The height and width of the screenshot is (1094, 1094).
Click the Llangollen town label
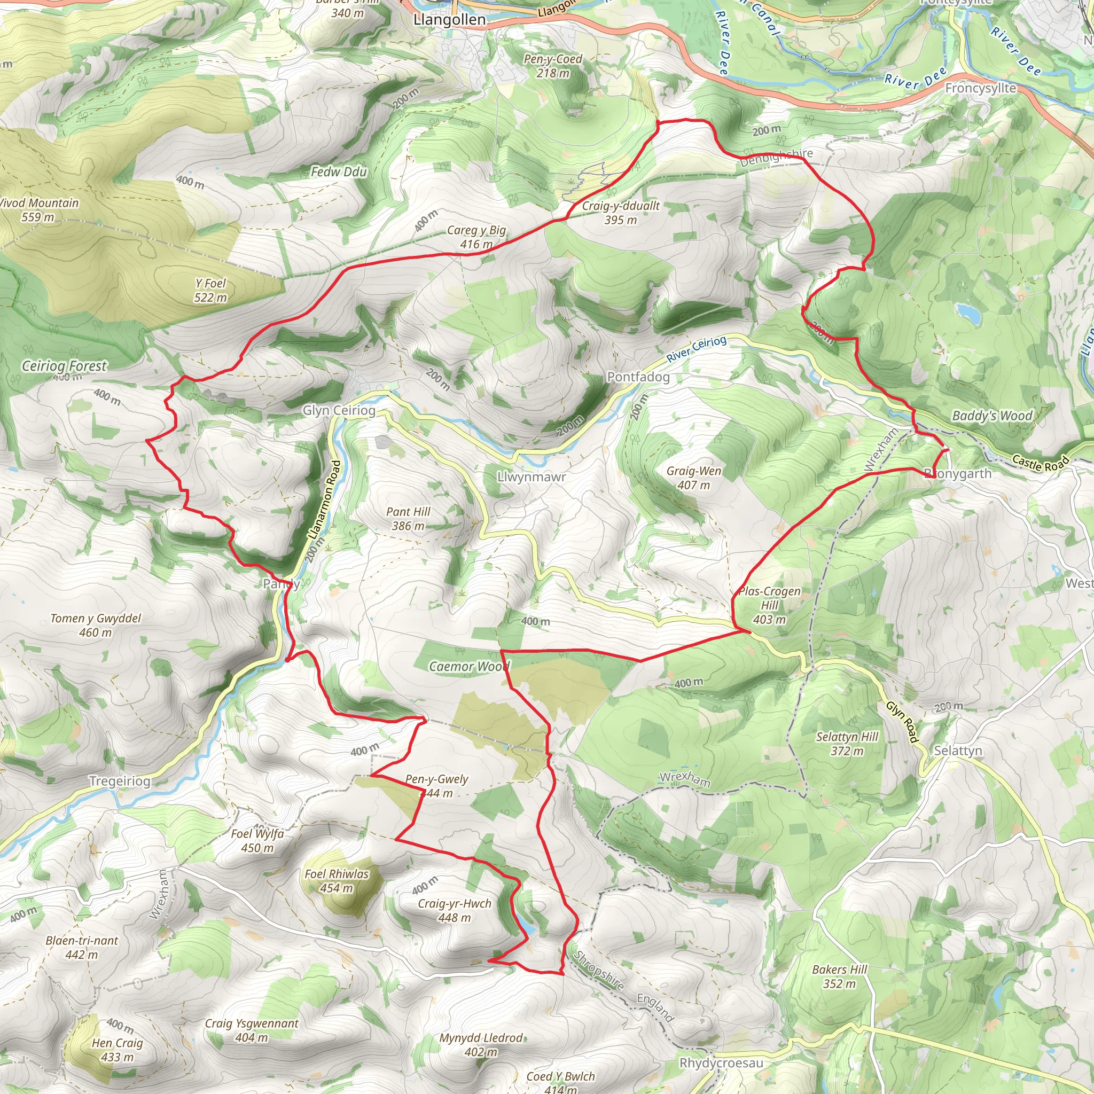pyautogui.click(x=449, y=20)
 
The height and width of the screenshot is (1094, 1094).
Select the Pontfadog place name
pyautogui.click(x=638, y=377)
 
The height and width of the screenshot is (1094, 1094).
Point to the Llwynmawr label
pyautogui.click(x=531, y=477)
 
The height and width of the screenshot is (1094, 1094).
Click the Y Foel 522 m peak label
pyautogui.click(x=210, y=290)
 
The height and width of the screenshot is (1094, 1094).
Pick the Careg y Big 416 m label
pyautogui.click(x=476, y=237)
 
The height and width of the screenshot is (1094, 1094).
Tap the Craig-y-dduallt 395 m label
pyautogui.click(x=621, y=213)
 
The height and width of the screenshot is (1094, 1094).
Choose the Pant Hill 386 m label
pyautogui.click(x=408, y=518)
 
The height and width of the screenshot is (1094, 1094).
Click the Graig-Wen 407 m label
pyautogui.click(x=694, y=478)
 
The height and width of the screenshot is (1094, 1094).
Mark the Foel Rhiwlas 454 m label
pyautogui.click(x=337, y=880)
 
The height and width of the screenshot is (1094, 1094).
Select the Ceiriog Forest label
pyautogui.click(x=64, y=366)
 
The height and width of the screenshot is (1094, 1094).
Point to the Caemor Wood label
pyautogui.click(x=469, y=667)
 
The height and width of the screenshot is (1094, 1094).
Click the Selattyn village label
pyautogui.click(x=958, y=751)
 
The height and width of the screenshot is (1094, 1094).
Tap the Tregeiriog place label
pyautogui.click(x=120, y=782)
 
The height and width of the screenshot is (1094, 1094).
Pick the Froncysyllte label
pyautogui.click(x=980, y=88)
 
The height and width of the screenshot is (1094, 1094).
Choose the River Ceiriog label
pyautogui.click(x=696, y=348)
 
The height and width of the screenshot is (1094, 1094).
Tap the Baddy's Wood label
pyautogui.click(x=992, y=416)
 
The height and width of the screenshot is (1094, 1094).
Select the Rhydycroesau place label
pyautogui.click(x=721, y=1063)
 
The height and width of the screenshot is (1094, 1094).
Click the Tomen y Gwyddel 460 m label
pyautogui.click(x=96, y=625)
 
